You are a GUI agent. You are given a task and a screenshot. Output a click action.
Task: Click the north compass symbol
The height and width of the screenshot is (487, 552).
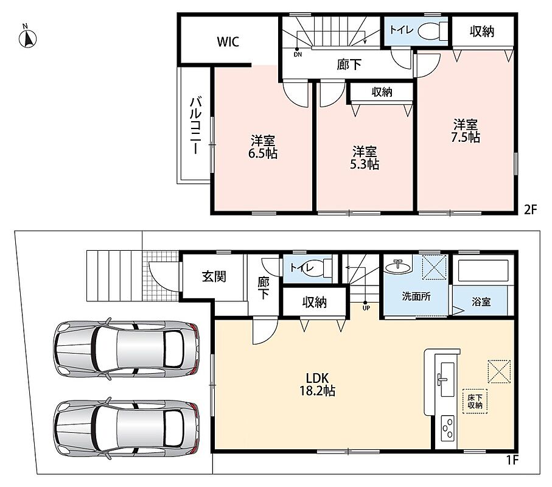(28, 38)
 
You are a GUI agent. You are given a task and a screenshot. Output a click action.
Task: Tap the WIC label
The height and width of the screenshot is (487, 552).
(228, 41)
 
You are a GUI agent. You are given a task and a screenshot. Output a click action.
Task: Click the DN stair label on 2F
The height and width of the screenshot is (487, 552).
(298, 55)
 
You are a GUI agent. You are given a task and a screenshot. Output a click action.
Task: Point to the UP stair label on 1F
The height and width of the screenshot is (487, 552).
(366, 308)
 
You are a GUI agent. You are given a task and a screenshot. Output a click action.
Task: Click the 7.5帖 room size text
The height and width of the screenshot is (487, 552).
(466, 137)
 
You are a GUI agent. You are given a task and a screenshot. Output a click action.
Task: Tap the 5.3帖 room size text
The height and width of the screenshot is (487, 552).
(365, 164)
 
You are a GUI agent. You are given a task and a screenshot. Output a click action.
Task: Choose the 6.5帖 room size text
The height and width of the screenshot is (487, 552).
(263, 153)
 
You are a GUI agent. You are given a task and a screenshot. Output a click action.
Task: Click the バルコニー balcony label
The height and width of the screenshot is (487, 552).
(195, 126)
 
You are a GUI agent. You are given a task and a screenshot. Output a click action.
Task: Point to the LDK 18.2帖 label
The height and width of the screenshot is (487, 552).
(317, 384)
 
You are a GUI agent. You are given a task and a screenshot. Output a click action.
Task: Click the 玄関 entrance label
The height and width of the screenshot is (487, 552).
(214, 276)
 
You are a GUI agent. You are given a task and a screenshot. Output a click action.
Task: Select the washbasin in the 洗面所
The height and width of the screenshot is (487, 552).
(398, 267)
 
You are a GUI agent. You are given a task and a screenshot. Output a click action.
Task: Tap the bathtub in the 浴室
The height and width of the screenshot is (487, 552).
(483, 270)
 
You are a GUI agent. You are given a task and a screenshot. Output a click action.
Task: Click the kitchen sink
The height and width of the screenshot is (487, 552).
(447, 379)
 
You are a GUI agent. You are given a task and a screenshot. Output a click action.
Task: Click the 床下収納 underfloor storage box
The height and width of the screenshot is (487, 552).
(475, 401)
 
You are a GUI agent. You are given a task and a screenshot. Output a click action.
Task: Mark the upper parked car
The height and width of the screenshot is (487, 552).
(126, 349)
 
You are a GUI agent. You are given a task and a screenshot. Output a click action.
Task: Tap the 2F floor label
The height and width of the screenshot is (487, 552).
(531, 210)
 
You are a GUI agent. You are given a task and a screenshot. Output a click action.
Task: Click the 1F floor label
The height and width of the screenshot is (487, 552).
(512, 460)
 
